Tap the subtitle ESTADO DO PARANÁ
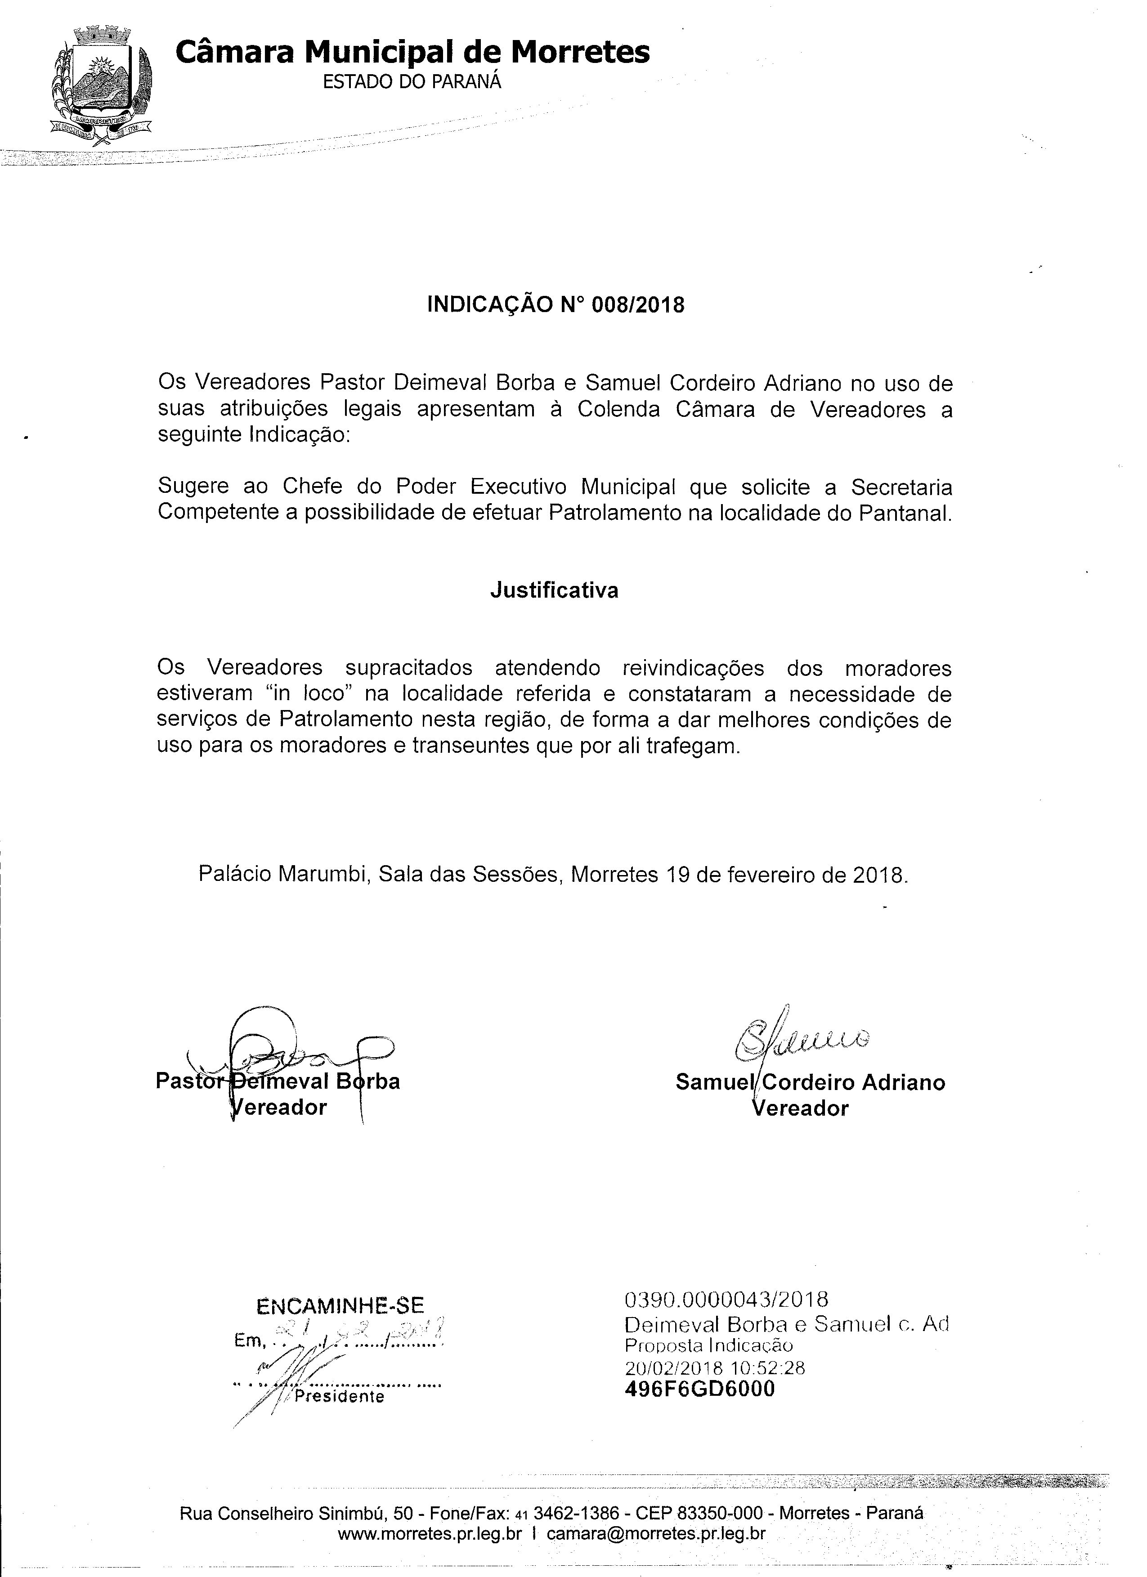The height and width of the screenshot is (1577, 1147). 412,82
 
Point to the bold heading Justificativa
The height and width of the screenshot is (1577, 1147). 554,590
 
